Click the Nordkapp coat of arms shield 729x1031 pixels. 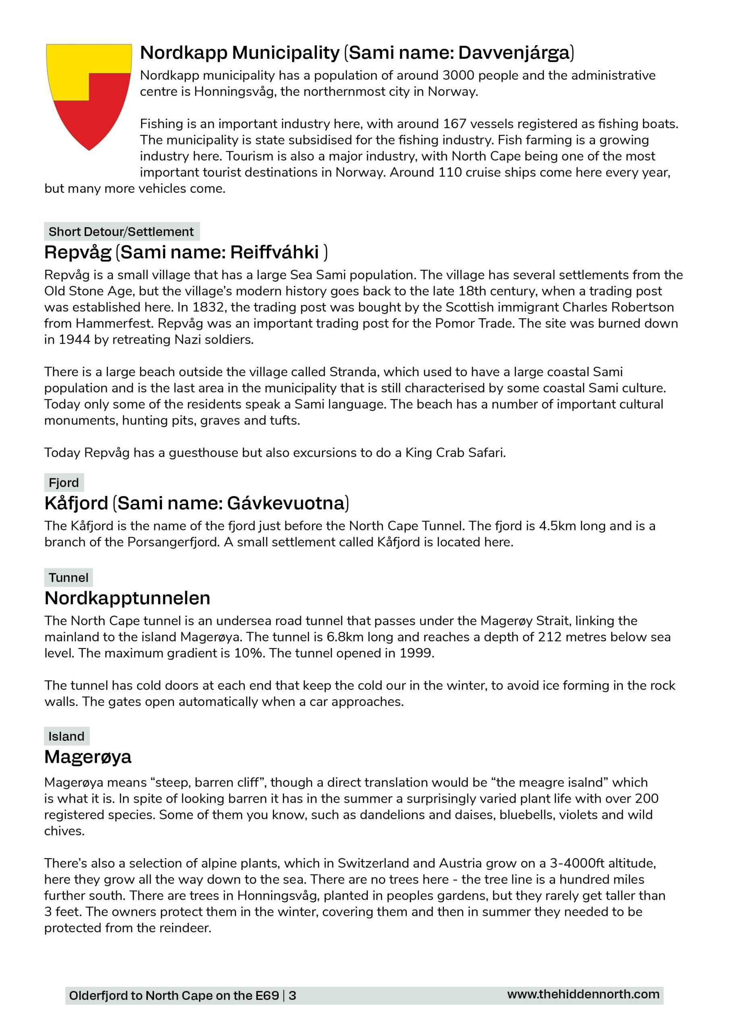(89, 94)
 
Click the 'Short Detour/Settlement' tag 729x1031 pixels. (121, 232)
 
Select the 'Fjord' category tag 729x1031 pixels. (64, 483)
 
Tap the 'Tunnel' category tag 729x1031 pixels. (68, 578)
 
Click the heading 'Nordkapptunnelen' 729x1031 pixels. (128, 598)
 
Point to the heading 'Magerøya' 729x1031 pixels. (88, 757)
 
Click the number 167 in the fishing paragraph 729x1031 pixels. (455, 124)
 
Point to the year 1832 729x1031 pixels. (207, 307)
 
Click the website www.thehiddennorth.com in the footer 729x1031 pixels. (583, 994)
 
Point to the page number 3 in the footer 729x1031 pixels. (292, 996)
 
